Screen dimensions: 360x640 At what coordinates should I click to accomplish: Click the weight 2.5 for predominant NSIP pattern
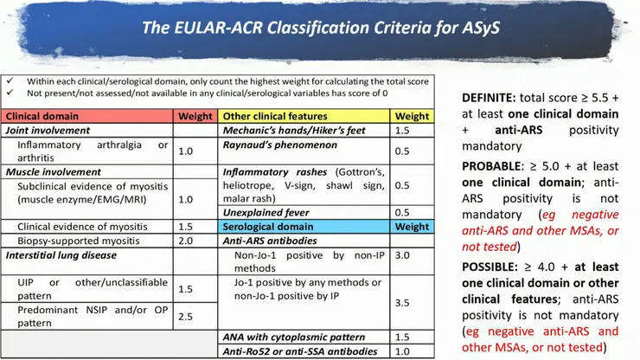click(x=185, y=317)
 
